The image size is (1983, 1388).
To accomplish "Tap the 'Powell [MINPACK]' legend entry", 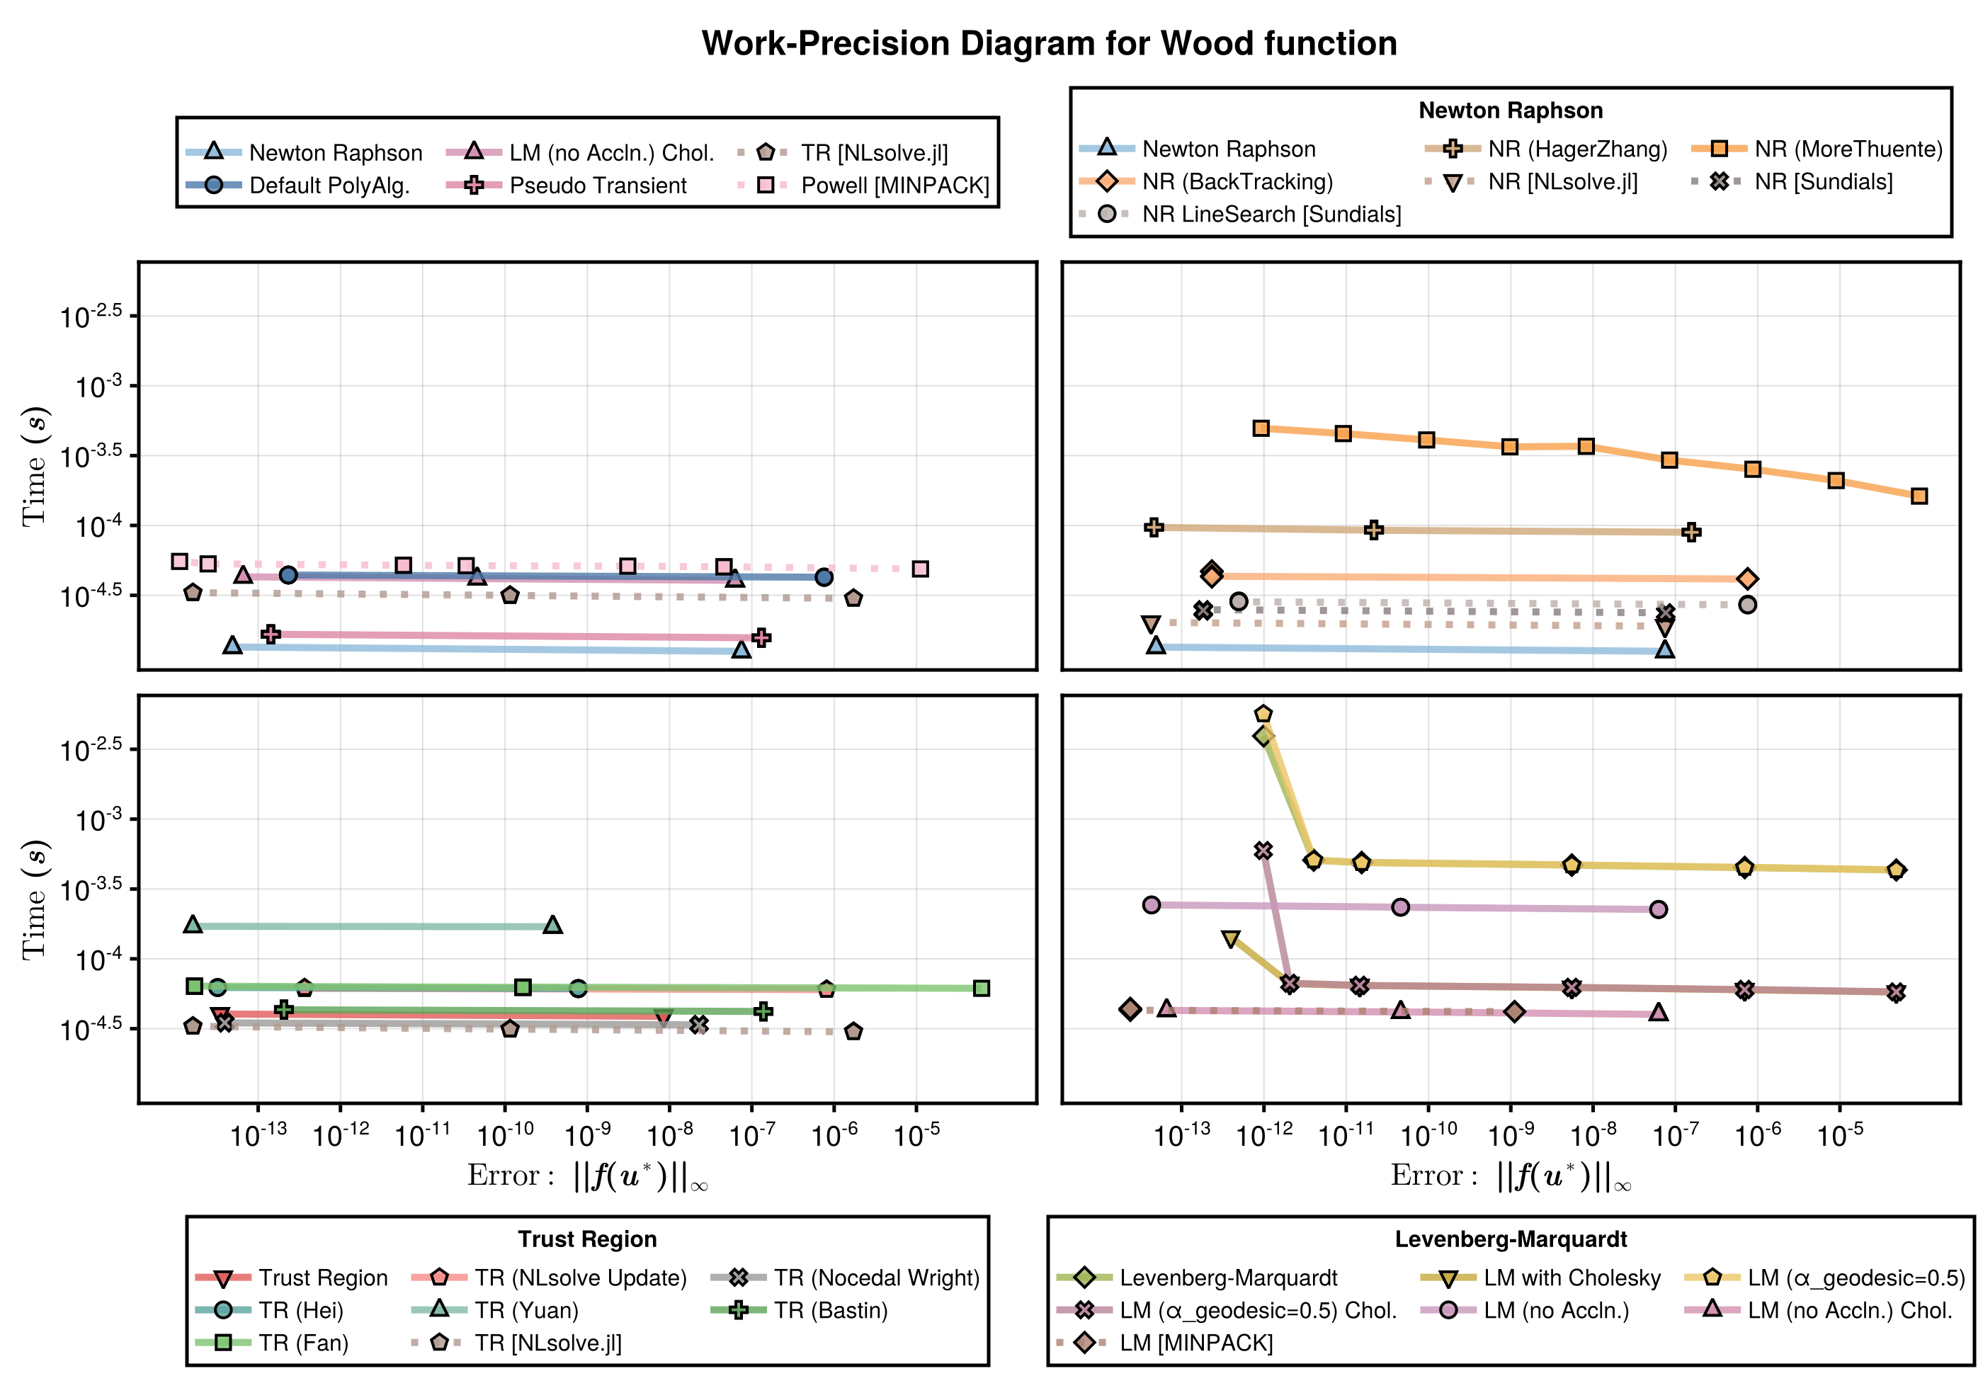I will click(894, 186).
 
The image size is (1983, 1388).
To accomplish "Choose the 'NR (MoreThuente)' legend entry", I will click(1848, 149).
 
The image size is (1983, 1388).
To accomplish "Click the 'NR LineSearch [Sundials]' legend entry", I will click(1271, 214).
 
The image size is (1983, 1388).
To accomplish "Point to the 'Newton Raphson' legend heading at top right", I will click(1510, 110).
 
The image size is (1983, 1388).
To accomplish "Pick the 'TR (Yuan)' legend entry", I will click(526, 1310).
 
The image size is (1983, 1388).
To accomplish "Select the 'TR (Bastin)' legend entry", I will click(830, 1310).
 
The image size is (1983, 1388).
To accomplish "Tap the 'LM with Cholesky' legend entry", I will click(1572, 1278).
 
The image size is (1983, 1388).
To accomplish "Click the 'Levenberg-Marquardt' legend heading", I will click(1510, 1239).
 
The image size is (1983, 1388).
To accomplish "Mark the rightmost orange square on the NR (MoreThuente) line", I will click(1919, 496).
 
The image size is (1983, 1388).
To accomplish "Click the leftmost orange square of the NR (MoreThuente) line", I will click(1261, 428).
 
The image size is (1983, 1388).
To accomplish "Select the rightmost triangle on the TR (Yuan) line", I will click(552, 925).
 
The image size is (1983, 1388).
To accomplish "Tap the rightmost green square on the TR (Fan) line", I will click(981, 988).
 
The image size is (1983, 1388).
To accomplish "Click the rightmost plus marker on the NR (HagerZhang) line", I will click(1692, 532).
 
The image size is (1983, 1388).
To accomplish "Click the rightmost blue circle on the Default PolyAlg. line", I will click(824, 577).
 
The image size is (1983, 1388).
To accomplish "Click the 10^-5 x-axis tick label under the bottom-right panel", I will click(1840, 1134).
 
